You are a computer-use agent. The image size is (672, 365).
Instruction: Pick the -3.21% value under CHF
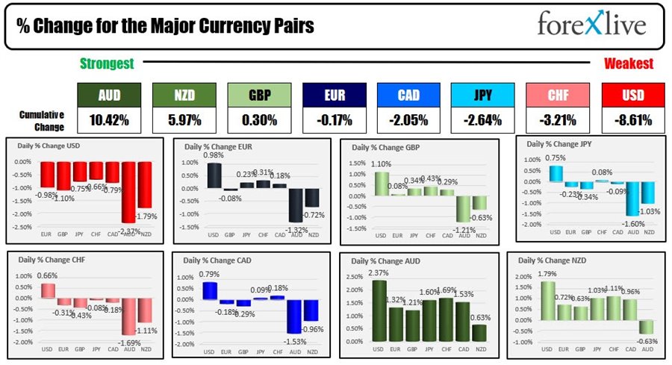(558, 120)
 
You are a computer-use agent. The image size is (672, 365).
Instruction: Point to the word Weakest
(629, 64)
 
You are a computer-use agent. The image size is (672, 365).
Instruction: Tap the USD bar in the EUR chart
(214, 175)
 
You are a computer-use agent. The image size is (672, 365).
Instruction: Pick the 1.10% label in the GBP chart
(381, 163)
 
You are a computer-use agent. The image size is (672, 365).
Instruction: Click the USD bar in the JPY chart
(555, 173)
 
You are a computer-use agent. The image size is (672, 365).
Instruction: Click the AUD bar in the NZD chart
(646, 327)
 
